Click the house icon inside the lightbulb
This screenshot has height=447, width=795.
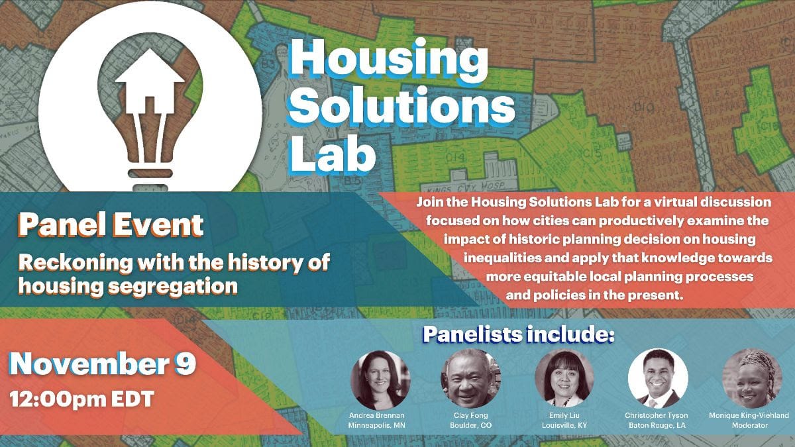150,81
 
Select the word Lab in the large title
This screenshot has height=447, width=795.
333,155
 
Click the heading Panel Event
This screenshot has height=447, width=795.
111,225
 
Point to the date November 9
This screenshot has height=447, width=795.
103,364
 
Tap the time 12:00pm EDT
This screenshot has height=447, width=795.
82,399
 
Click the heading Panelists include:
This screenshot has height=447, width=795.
519,334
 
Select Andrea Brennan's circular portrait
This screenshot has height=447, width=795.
380,380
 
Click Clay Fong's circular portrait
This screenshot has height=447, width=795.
470,378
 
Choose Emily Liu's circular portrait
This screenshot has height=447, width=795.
564,378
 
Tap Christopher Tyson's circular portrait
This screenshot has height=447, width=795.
658,378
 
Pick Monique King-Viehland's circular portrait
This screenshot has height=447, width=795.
752,378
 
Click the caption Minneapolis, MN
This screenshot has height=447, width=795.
376,425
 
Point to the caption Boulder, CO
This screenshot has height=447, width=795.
471,425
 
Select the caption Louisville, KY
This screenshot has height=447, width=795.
564,425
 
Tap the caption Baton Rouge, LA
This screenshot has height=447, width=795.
657,425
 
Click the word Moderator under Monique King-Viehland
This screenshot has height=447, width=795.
750,425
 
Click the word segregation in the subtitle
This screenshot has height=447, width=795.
173,287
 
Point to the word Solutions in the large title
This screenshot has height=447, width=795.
401,107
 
